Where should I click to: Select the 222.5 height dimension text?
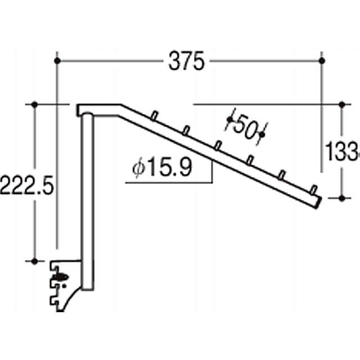point(26,184)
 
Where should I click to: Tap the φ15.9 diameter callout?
point(163,168)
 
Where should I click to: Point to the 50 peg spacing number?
point(245,125)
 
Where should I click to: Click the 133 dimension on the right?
point(343,150)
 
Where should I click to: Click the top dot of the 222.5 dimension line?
point(35,104)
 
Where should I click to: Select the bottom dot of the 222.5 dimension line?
point(35,261)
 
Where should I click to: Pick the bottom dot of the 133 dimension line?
point(343,197)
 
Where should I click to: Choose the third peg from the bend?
point(217,146)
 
